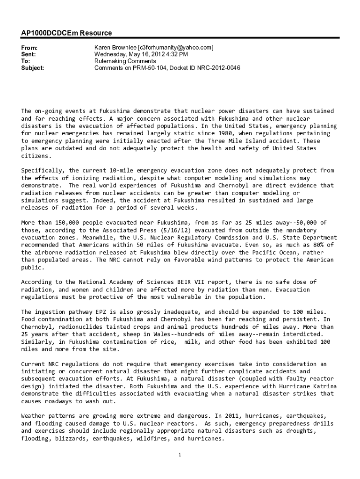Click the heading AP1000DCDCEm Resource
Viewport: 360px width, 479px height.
[x=66, y=33]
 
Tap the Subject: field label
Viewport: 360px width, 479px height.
[x=33, y=68]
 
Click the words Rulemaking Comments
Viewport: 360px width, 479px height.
[x=125, y=61]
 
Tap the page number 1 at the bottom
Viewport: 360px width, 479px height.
[x=180, y=455]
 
